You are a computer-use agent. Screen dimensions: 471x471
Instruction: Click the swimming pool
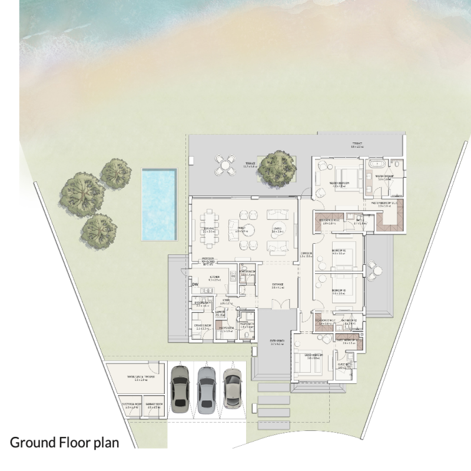tap(159, 204)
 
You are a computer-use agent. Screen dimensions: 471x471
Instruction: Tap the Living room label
tap(277, 229)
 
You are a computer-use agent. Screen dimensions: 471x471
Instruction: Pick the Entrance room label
tap(278, 286)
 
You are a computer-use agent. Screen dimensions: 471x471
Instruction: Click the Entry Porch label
tap(278, 343)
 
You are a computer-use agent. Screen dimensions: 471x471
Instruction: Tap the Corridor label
tap(305, 254)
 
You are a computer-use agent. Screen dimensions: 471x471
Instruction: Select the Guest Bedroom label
tap(313, 356)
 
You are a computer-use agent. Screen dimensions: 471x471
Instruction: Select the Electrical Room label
tap(130, 406)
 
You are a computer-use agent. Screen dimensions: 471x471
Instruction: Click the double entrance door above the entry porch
tap(278, 304)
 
